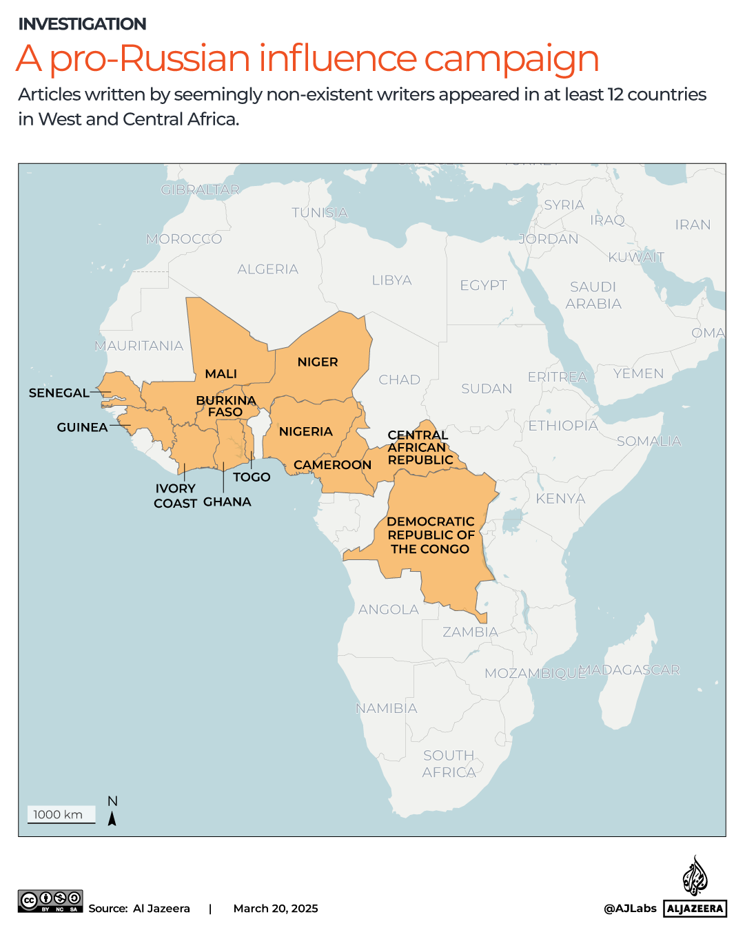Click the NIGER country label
click(x=318, y=362)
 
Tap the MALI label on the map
click(x=221, y=373)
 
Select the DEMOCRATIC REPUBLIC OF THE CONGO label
click(x=431, y=535)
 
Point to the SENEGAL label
click(x=59, y=393)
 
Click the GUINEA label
click(x=82, y=427)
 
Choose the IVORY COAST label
click(x=175, y=495)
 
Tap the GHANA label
click(x=227, y=502)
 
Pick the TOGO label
click(x=252, y=477)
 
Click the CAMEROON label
click(x=332, y=465)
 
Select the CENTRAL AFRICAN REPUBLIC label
click(x=420, y=447)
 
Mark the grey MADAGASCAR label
click(x=630, y=670)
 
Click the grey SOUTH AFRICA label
click(x=449, y=764)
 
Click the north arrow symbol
click(x=112, y=818)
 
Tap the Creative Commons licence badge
click(x=50, y=900)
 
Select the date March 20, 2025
click(x=276, y=908)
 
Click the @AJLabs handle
click(x=630, y=908)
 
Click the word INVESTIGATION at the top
click(x=82, y=24)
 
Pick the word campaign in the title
click(x=511, y=59)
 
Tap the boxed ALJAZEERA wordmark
click(x=695, y=908)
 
